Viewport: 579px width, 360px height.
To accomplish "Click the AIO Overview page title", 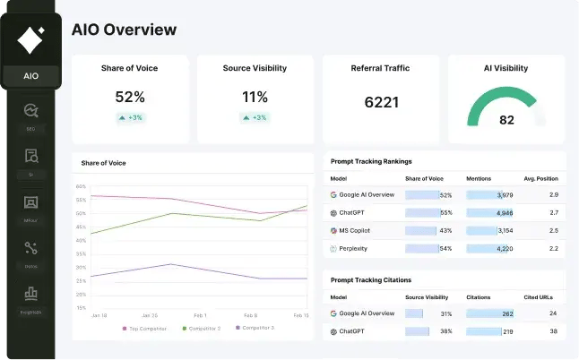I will point(124,29).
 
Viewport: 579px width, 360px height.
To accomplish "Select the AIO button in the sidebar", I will point(30,75).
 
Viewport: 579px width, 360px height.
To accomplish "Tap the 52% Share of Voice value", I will point(130,97).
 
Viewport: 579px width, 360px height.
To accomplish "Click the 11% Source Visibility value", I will point(255,97).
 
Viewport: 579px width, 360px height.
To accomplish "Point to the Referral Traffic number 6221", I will point(381,102).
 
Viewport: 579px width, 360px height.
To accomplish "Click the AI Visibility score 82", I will point(506,120).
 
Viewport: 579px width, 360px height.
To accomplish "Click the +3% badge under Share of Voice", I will point(131,117).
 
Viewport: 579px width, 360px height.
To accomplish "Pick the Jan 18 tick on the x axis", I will point(99,316).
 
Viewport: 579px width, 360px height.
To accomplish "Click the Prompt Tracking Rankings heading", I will point(371,161).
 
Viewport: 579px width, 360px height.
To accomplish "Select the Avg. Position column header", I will point(540,178).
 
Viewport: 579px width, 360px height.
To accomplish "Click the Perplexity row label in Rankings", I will point(353,248).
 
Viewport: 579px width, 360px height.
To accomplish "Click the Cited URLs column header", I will point(540,296).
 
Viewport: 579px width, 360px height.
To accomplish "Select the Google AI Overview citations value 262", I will point(507,313).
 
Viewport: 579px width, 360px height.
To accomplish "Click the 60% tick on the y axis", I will point(81,186).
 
